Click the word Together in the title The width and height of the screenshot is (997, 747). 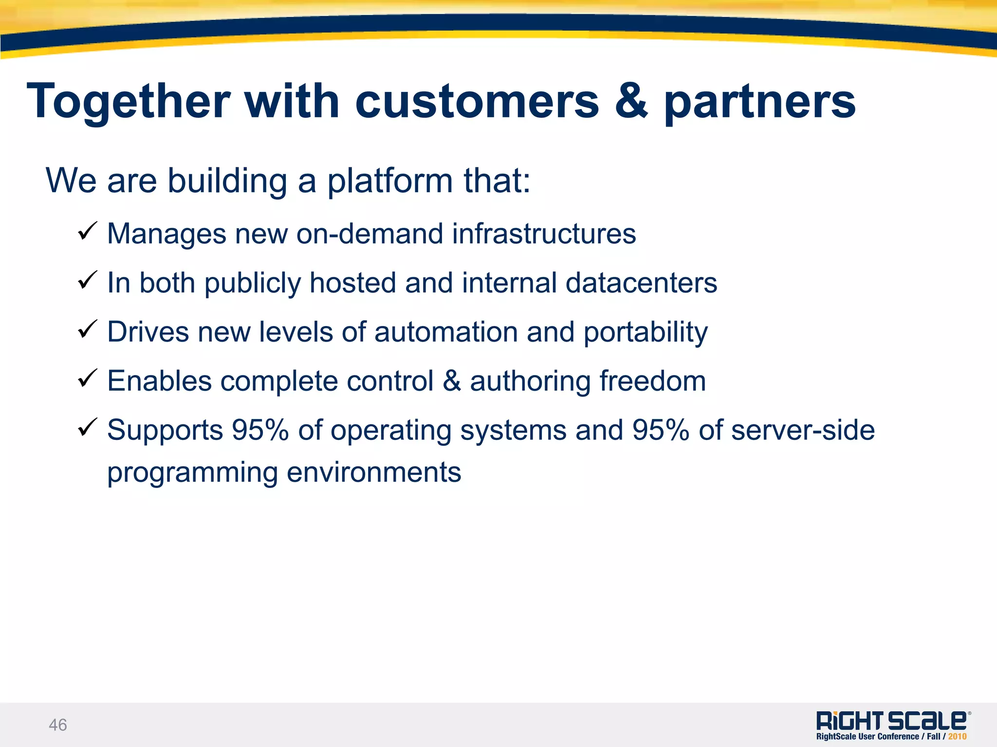pos(129,101)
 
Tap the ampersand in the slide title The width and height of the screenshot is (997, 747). pos(631,101)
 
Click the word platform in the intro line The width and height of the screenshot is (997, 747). pos(390,181)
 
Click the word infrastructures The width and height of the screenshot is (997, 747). pos(544,234)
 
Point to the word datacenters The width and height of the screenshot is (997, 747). pos(641,283)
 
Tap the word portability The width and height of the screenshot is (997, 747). pos(646,333)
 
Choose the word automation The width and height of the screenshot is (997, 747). pos(446,332)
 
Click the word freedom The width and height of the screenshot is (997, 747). pos(652,381)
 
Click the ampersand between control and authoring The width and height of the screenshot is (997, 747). pos(452,381)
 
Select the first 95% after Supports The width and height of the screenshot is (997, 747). pos(260,430)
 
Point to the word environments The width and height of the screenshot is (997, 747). pos(373,472)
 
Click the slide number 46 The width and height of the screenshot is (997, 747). pos(58,725)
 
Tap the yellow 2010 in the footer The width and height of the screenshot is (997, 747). pos(957,737)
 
